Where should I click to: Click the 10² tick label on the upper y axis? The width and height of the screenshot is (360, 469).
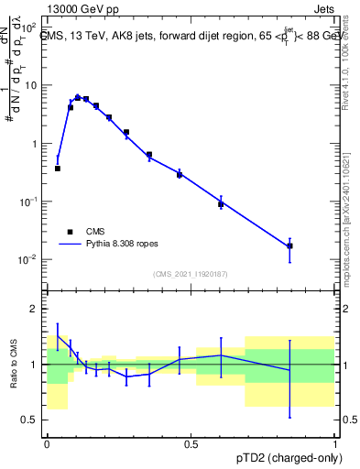tap(29, 27)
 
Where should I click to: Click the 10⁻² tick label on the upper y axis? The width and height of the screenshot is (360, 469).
tap(29, 259)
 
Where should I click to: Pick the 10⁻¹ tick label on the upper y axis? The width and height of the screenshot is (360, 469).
tap(29, 202)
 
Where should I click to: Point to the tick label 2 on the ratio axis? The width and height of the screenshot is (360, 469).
tap(35, 310)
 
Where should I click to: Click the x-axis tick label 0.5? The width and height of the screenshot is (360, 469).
tap(191, 442)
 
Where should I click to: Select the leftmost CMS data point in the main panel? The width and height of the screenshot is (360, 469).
tap(58, 169)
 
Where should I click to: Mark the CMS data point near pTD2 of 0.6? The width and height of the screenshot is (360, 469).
tap(221, 204)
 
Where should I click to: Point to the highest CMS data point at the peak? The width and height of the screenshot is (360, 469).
tap(78, 97)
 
